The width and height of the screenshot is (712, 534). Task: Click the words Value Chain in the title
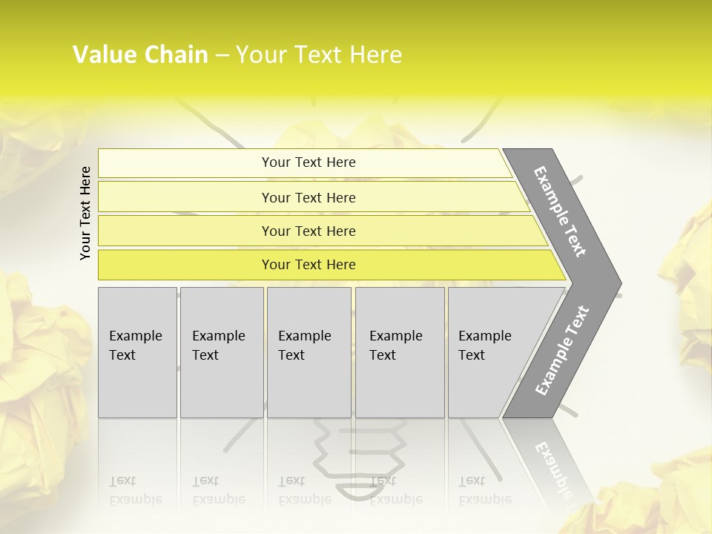(140, 55)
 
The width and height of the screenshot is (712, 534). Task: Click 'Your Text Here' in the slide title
(319, 55)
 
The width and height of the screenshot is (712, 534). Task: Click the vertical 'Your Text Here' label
(85, 213)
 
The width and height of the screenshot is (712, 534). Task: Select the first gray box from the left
(137, 352)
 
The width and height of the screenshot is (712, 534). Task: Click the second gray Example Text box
(222, 352)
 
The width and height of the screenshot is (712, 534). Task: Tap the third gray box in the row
(309, 352)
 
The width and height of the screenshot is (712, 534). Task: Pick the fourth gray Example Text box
(400, 352)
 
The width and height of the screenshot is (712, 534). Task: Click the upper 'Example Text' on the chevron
(560, 211)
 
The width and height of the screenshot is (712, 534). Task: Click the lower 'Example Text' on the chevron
(561, 351)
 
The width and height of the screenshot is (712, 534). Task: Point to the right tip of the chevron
(619, 283)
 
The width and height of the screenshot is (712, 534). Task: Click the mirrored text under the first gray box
(136, 490)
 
